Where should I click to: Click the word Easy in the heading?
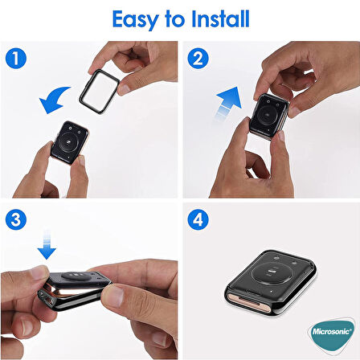[x=135, y=19]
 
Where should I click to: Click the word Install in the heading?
[x=220, y=18]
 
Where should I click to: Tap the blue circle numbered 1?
[x=16, y=58]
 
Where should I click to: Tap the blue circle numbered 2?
[x=198, y=58]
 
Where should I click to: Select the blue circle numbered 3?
[x=16, y=219]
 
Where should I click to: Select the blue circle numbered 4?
[x=198, y=219]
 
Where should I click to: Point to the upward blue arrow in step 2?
[x=227, y=104]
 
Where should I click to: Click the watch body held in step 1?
[x=70, y=142]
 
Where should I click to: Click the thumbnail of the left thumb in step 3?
[x=39, y=272]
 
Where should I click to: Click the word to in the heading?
[x=175, y=19]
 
